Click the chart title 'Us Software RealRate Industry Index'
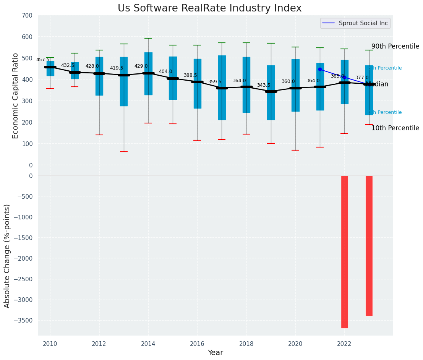click(209, 8)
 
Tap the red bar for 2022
click(344, 251)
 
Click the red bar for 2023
click(369, 245)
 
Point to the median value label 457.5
click(43, 60)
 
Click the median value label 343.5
click(264, 85)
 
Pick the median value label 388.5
click(190, 75)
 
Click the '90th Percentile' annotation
click(395, 46)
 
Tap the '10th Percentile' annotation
click(395, 128)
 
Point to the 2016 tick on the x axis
click(197, 344)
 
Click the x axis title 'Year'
click(215, 352)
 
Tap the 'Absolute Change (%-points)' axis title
click(7, 256)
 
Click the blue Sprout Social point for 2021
click(320, 69)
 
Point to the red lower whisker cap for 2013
click(123, 152)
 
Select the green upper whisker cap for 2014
click(148, 38)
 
